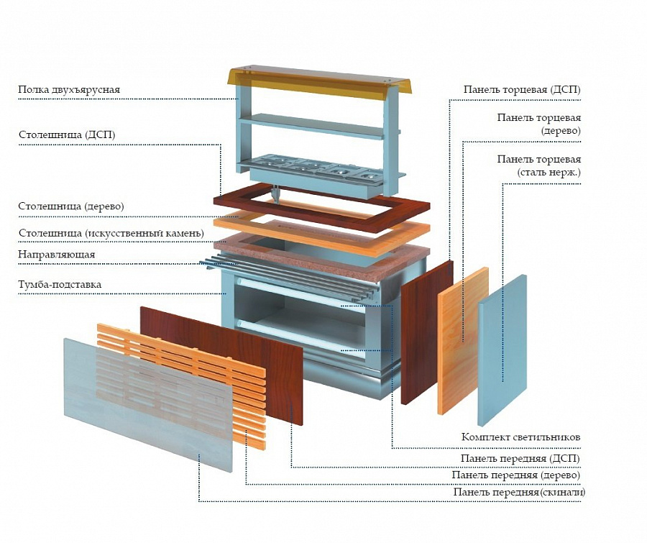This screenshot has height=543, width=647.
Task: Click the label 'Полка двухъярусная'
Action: [x=69, y=90]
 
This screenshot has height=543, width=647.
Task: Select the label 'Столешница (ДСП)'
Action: [x=67, y=134]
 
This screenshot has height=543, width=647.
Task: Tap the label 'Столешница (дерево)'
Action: [x=71, y=206]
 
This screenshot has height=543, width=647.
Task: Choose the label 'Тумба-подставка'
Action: [x=60, y=284]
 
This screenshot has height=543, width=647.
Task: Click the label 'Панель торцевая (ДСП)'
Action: [x=522, y=90]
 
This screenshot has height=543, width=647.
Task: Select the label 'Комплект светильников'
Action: [x=520, y=437]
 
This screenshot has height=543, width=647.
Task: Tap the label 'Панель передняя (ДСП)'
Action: [x=520, y=458]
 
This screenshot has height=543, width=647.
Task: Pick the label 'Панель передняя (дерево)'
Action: [x=515, y=475]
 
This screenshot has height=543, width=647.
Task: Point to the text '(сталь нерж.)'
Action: [x=549, y=173]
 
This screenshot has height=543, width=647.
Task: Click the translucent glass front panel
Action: [x=144, y=399]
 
